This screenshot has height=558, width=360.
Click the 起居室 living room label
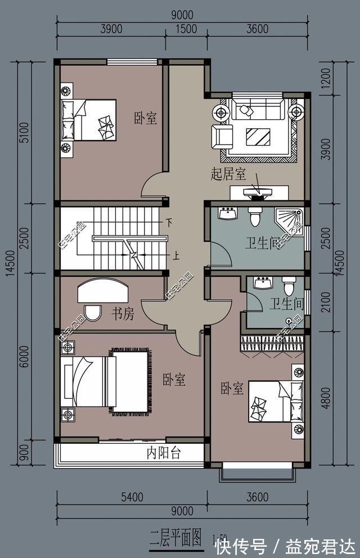[228, 174]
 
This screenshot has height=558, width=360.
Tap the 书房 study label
[122, 314]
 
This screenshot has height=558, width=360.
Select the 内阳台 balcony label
[164, 453]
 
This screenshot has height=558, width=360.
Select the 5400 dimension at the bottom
[131, 497]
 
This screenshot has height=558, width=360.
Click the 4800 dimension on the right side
[342, 397]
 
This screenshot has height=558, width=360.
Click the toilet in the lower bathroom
[289, 286]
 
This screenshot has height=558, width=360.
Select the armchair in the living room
[222, 136]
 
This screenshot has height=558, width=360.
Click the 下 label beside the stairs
[168, 223]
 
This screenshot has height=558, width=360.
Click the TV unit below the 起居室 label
[259, 193]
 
